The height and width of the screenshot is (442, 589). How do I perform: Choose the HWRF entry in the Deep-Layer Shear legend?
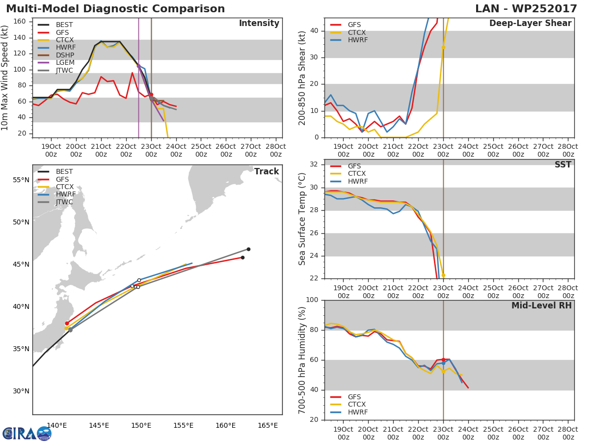click(x=357, y=40)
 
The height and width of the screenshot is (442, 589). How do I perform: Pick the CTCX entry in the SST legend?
click(x=356, y=174)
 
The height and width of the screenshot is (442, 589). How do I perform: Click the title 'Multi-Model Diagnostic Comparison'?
click(x=115, y=9)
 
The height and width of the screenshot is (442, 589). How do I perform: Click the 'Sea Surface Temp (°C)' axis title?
click(x=302, y=219)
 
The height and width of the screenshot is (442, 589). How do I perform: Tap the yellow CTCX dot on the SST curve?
click(x=443, y=275)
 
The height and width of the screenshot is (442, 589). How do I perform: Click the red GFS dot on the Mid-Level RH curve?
click(x=443, y=359)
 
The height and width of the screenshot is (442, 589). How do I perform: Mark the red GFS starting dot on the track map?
click(x=67, y=323)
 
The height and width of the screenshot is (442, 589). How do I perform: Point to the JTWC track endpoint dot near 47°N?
click(x=248, y=249)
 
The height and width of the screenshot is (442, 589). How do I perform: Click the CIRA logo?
click(x=27, y=433)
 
